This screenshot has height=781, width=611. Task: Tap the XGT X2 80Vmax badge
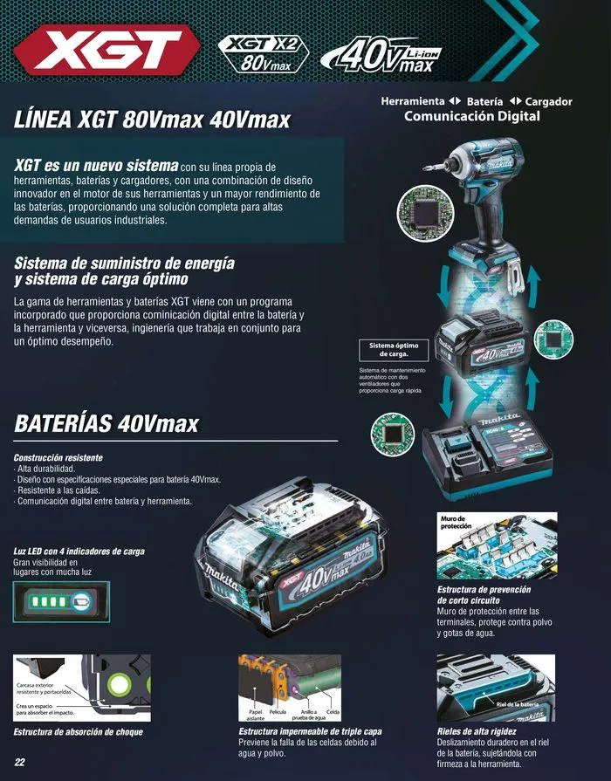click(264, 53)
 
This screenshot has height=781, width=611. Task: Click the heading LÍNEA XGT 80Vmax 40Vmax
click(153, 119)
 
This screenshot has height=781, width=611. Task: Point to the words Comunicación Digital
click(472, 116)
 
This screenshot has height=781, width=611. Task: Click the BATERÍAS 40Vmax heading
click(106, 424)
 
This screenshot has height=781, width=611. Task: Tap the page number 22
click(19, 762)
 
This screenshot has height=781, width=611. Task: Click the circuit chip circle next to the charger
click(390, 433)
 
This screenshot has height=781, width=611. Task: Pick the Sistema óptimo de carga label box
click(395, 351)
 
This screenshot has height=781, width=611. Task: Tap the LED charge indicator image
click(57, 602)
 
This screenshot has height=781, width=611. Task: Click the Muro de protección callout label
click(456, 524)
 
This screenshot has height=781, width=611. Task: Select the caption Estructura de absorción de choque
click(79, 732)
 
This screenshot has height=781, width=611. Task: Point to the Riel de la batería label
click(518, 703)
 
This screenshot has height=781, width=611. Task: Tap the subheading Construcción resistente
click(58, 458)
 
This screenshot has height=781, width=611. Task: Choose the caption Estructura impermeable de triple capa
click(310, 731)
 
